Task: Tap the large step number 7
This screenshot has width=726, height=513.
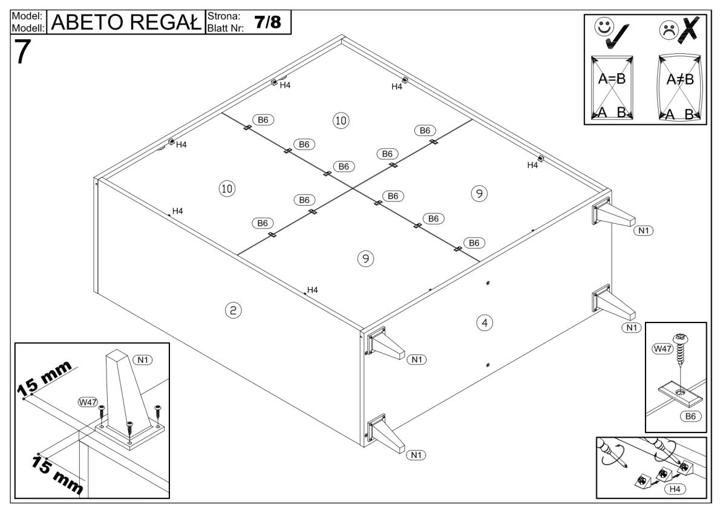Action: coord(22,53)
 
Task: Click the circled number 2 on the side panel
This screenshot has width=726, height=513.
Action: coord(233,310)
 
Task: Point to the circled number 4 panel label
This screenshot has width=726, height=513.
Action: coord(483,322)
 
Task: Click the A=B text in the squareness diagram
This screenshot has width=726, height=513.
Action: coord(611,79)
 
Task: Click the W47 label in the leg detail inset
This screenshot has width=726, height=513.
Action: coord(86,402)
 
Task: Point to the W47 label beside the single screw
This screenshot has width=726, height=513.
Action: coord(661,349)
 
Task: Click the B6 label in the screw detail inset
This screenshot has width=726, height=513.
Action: coord(691,416)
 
